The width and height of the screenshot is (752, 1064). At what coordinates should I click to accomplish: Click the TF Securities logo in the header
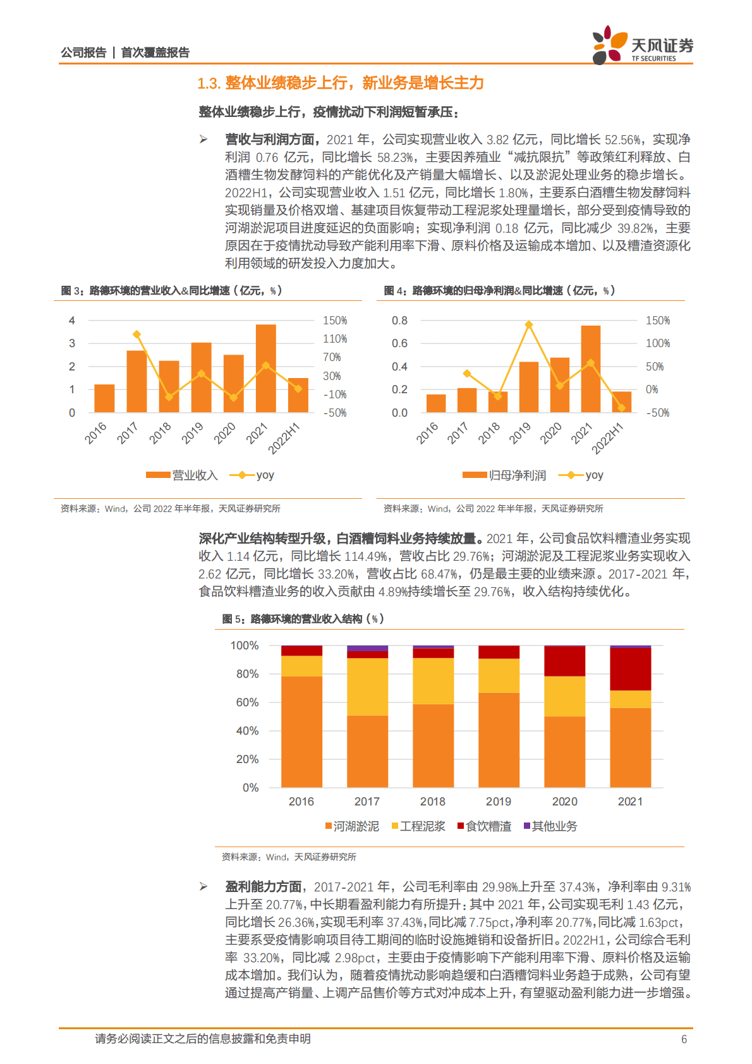coord(642,45)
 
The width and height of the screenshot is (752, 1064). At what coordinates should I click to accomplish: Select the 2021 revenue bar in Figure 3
coord(265,369)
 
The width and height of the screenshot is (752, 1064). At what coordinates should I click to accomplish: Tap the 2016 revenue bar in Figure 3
coord(104,398)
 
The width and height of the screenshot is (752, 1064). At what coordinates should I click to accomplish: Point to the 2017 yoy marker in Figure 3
coord(136,334)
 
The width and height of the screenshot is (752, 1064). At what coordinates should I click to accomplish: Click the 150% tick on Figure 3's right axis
coord(335,321)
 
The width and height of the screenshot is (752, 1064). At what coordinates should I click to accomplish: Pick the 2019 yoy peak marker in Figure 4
coord(529,325)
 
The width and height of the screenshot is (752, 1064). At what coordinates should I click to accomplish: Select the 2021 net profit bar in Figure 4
coord(591,369)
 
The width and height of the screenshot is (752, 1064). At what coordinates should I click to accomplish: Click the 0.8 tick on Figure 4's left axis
coord(399,321)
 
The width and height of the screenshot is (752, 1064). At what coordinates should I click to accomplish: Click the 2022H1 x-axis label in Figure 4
coord(607,438)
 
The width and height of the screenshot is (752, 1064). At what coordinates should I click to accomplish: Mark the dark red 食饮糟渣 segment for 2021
coord(630,669)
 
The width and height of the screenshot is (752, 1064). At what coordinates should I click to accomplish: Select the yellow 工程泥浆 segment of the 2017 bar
coord(367,687)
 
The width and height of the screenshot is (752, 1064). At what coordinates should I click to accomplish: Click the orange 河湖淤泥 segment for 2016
coord(301,731)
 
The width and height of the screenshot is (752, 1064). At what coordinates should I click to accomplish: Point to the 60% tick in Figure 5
coord(247,702)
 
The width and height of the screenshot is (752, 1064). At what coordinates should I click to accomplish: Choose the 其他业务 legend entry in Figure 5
coord(550,826)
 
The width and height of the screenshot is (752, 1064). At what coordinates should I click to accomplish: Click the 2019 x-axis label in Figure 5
coord(499,802)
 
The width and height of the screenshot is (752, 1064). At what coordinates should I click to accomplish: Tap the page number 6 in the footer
coord(684,1039)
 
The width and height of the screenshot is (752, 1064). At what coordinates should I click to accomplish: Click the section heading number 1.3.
coord(209,83)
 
